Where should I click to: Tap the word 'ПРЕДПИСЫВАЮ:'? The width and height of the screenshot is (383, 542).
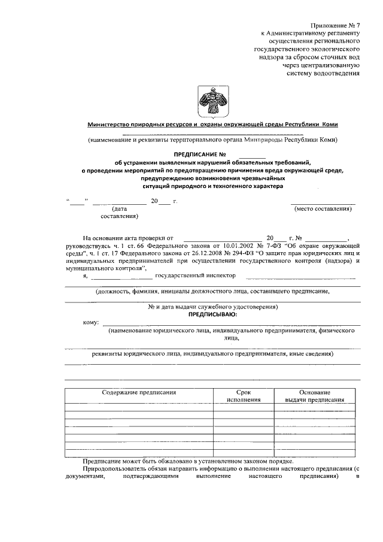tap(212, 313)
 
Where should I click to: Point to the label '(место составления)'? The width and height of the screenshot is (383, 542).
tap(323, 208)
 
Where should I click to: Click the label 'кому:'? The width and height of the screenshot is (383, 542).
tap(90, 323)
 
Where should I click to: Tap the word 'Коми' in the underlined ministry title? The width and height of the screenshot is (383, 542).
tap(330, 125)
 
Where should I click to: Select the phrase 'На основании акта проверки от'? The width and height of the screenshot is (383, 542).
tap(128, 238)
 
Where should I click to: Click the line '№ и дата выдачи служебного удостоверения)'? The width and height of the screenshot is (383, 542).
tap(212, 306)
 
